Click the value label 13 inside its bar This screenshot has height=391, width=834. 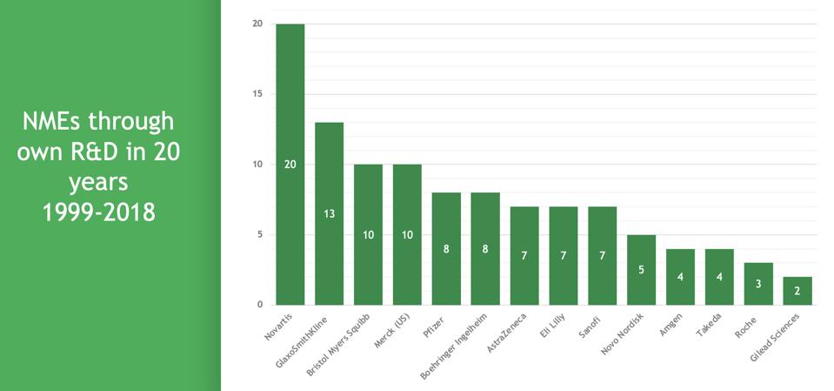tap(329, 214)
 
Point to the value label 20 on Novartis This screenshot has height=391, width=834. tap(290, 165)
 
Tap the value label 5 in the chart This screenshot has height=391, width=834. tap(641, 269)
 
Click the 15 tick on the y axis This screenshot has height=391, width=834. tap(258, 94)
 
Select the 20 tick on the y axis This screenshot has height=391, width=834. tap(258, 24)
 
